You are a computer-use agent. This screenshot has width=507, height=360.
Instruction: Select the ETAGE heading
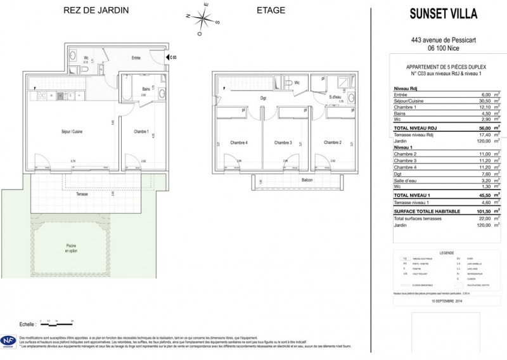[270, 10]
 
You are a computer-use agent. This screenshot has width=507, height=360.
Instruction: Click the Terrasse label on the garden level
[83, 193]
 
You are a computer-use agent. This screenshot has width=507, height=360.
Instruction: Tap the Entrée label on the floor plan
[136, 58]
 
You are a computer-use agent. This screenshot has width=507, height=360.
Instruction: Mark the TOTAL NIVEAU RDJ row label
[415, 127]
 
